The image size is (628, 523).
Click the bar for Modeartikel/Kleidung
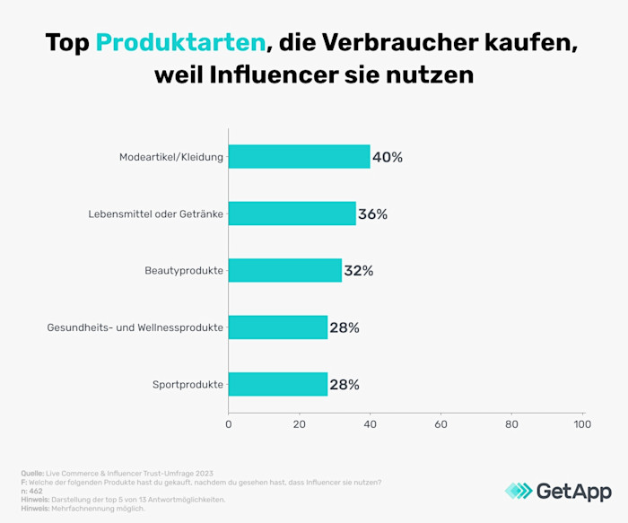299,157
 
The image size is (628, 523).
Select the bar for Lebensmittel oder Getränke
292,214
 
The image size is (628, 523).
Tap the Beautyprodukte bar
284,270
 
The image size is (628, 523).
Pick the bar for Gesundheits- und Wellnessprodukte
278,327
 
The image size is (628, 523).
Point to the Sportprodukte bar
278,384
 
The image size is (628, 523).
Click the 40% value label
388,157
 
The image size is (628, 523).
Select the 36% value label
373,214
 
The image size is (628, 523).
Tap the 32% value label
359,270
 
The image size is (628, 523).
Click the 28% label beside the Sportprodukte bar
345,384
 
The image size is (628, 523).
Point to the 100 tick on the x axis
582,423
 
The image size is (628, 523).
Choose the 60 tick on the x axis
440,423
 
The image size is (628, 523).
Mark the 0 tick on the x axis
229,423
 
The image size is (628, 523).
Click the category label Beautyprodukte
184,271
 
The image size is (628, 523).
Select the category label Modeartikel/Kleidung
171,157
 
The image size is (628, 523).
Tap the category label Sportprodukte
188,385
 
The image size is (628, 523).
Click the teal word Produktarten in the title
180,42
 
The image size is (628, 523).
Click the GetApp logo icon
518,491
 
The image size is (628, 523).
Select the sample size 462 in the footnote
36,491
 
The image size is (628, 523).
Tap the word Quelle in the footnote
32,473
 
